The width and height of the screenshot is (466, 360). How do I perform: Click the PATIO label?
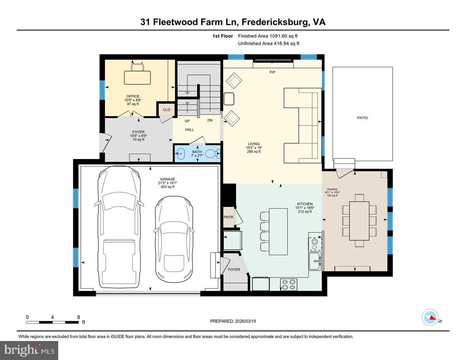[362, 118]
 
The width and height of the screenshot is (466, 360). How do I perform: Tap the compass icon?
[430, 317]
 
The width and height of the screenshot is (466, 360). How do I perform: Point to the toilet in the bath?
[212, 154]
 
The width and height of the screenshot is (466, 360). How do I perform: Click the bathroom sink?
[180, 154]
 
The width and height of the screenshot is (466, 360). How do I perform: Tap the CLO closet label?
[166, 110]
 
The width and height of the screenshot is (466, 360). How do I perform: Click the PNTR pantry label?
[229, 217]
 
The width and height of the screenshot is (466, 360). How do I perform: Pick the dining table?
[359, 221]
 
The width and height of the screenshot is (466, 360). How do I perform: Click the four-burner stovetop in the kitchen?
[289, 285]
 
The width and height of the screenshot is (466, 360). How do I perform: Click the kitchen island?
[278, 231]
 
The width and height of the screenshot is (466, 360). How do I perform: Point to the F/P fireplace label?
[272, 73]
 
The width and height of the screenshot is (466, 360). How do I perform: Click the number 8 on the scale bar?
[78, 317]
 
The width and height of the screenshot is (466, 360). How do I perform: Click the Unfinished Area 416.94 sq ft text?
[268, 43]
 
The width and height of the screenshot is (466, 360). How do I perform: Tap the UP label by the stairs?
[187, 121]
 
